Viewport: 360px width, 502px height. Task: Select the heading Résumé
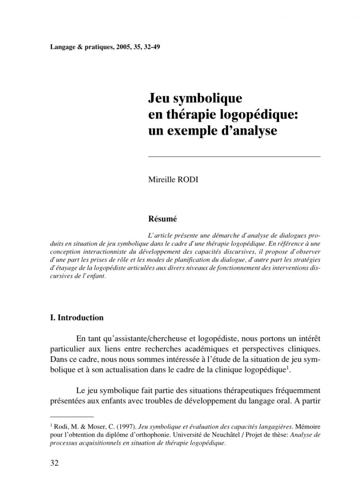pos(162,219)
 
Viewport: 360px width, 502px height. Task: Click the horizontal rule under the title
pos(234,156)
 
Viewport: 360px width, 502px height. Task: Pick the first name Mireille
pos(162,180)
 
